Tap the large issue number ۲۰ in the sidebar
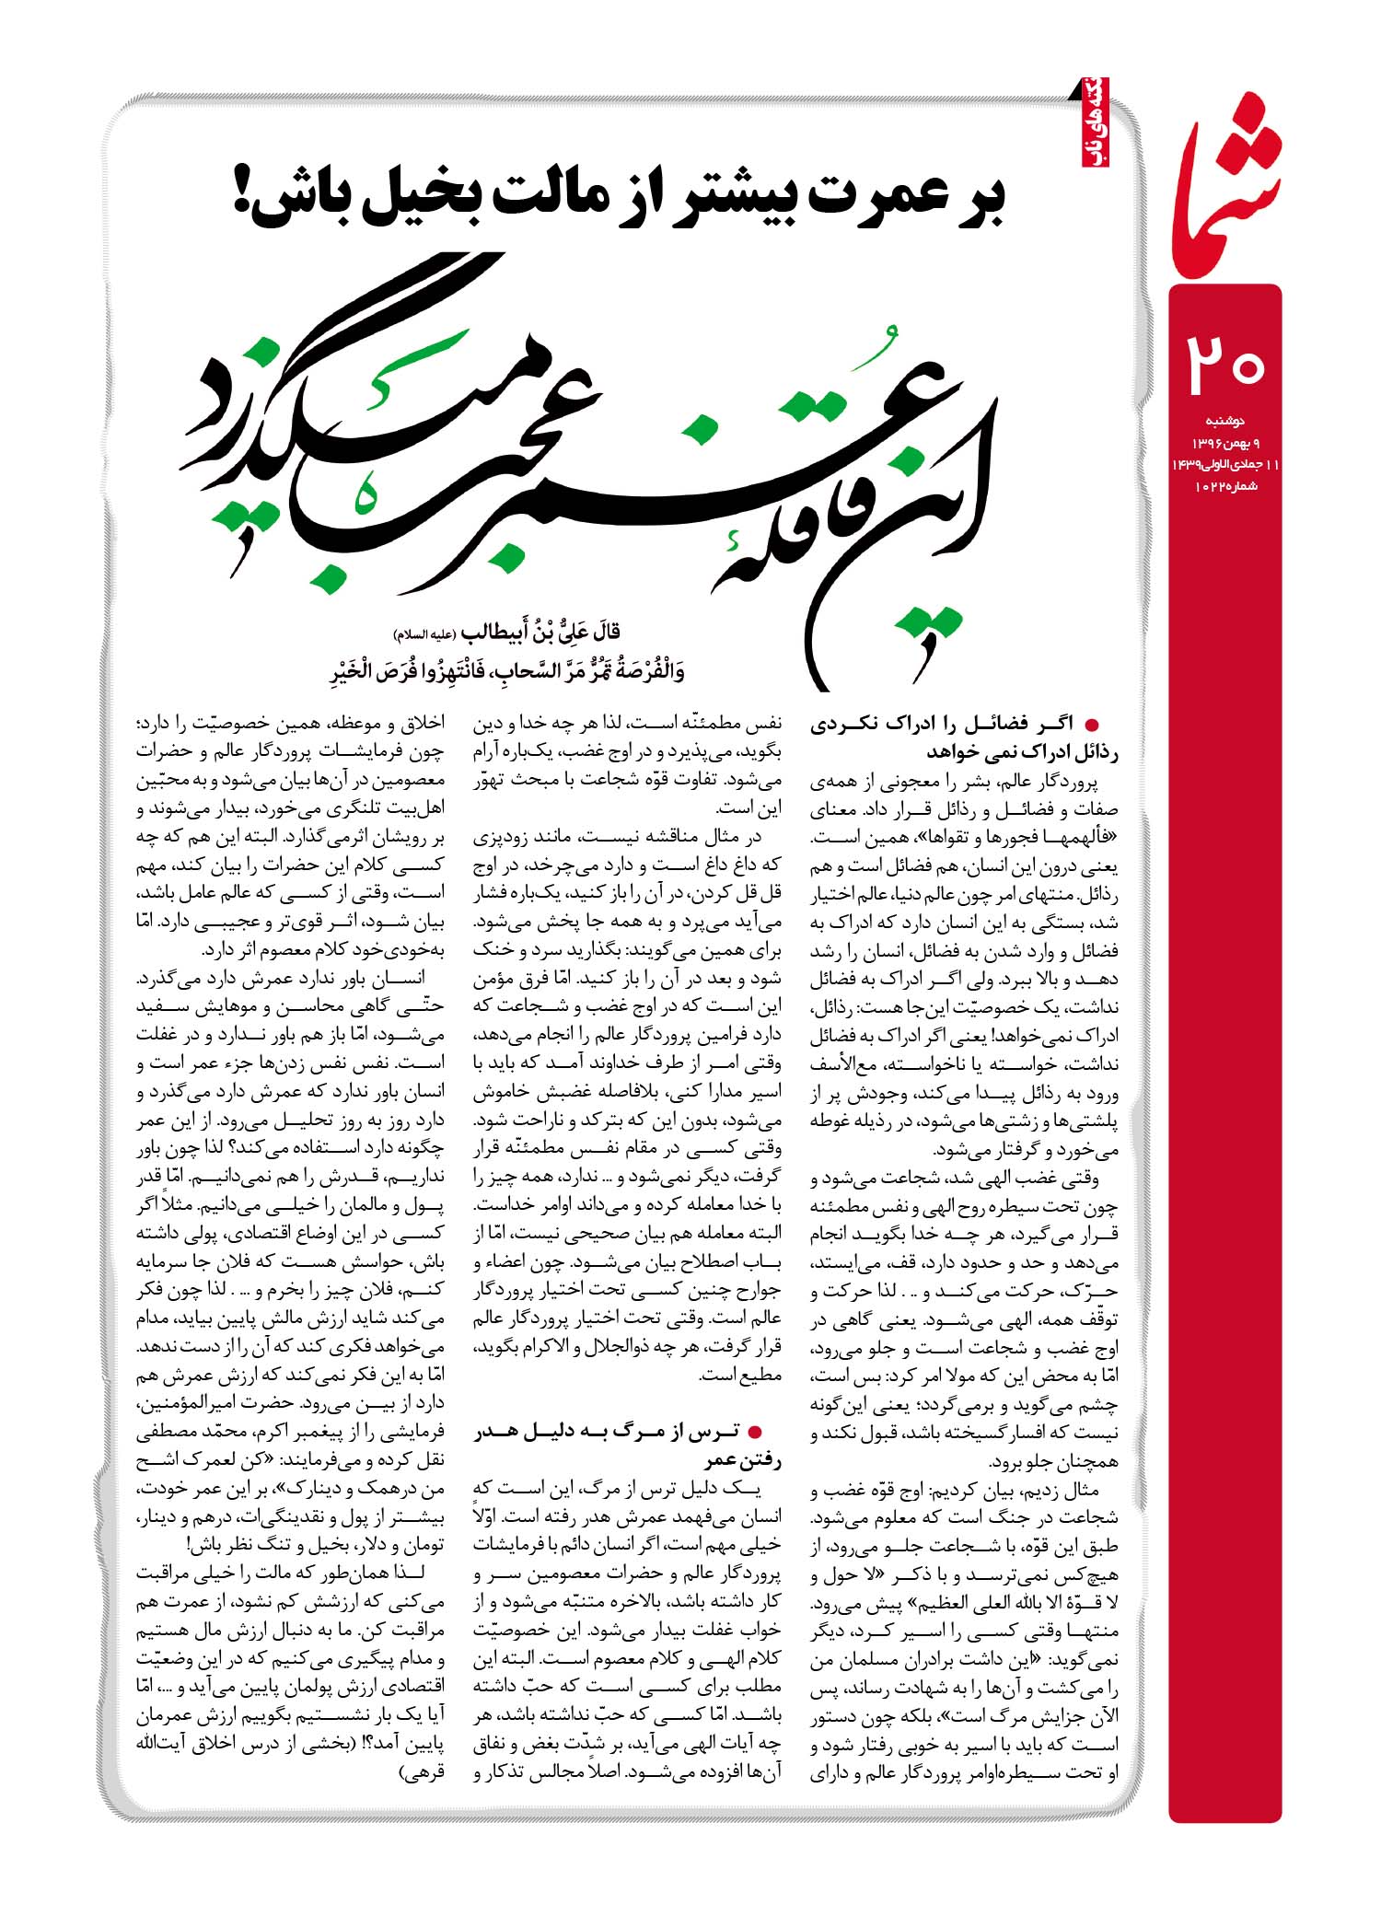click(1225, 365)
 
